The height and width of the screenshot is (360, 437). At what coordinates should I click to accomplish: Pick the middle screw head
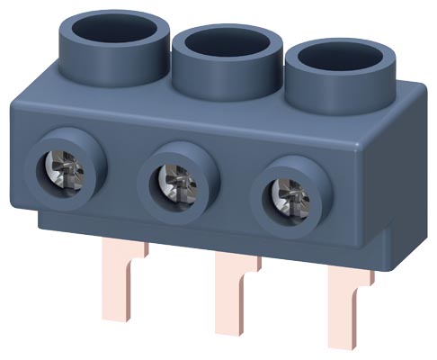pyautogui.click(x=168, y=178)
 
